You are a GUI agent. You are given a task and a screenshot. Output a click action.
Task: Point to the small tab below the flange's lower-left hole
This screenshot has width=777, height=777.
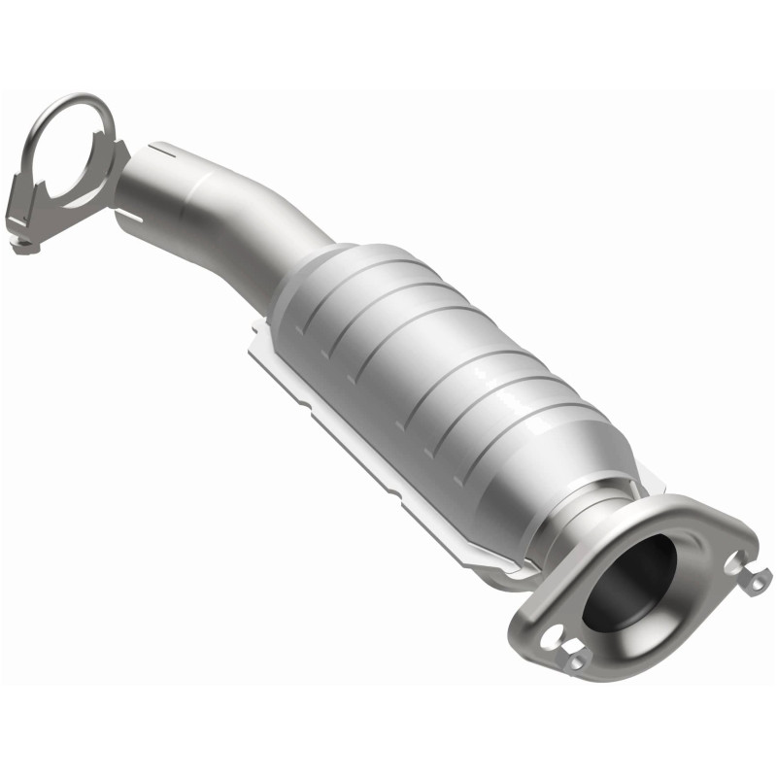tap(577, 660)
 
